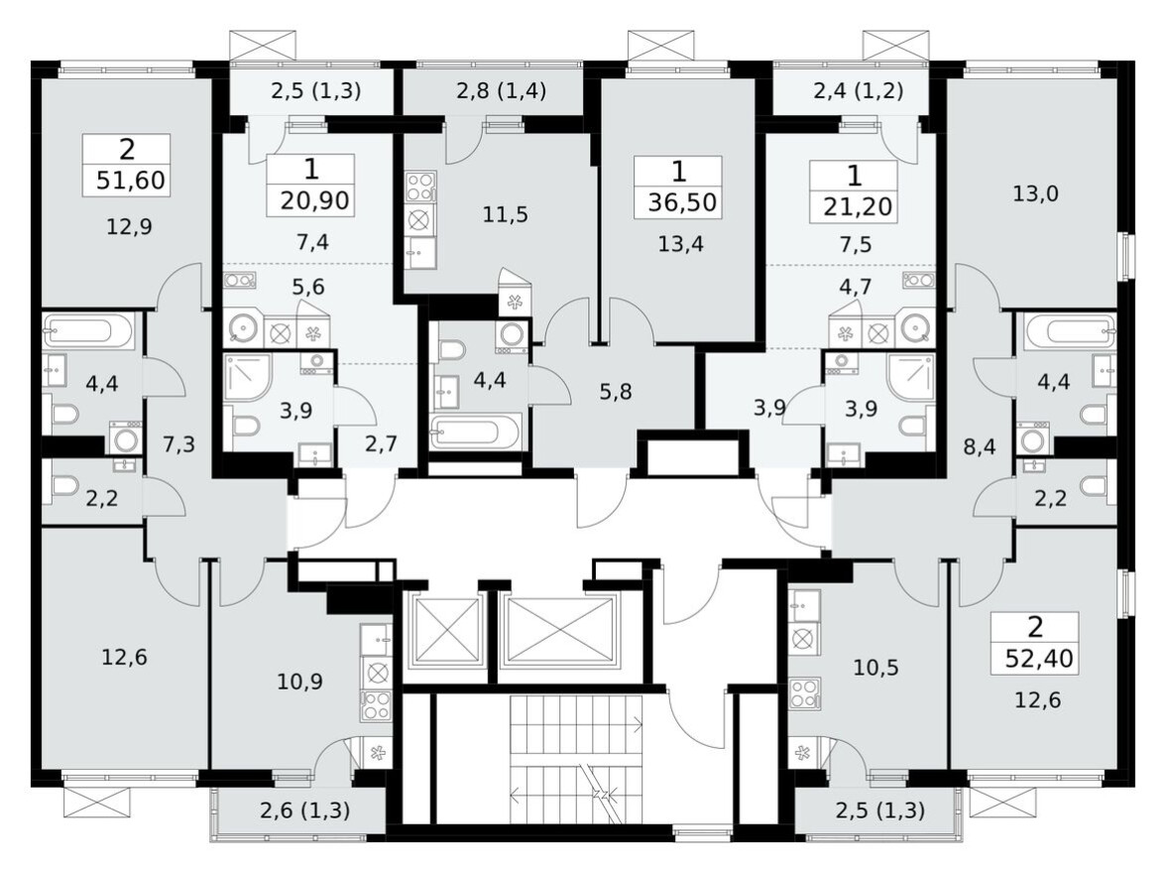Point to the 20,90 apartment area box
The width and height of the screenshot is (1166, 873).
point(310,199)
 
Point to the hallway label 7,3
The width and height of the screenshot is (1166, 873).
point(177,443)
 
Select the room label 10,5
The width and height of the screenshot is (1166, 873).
point(875,667)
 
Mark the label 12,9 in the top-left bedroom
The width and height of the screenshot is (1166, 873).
point(129,226)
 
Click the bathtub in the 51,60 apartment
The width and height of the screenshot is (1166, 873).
point(90,331)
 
